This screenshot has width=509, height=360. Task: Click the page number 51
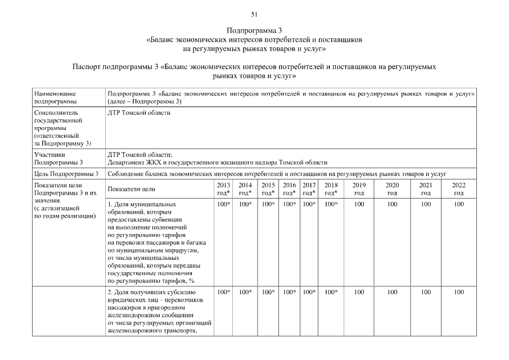tap(254, 14)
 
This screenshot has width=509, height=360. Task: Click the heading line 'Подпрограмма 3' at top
tap(254, 30)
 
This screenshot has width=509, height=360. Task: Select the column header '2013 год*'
tap(223, 188)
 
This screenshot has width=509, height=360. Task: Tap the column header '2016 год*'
tap(289, 188)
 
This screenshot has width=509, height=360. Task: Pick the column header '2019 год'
tap(359, 188)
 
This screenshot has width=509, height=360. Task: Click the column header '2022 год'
tap(459, 188)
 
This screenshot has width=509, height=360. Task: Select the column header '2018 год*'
tap(331, 188)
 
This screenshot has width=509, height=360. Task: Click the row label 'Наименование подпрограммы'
tap(55, 97)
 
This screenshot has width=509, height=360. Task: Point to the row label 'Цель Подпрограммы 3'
tap(66, 174)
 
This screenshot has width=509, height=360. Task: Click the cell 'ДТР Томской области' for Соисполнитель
tap(138, 113)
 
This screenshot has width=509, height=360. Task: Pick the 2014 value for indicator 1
tap(245, 204)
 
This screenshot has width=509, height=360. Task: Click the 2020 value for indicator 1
tap(392, 204)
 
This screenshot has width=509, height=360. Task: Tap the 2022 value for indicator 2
tap(459, 292)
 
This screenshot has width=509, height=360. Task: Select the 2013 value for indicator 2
tap(223, 292)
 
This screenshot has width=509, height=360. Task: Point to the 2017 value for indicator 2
tap(309, 292)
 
